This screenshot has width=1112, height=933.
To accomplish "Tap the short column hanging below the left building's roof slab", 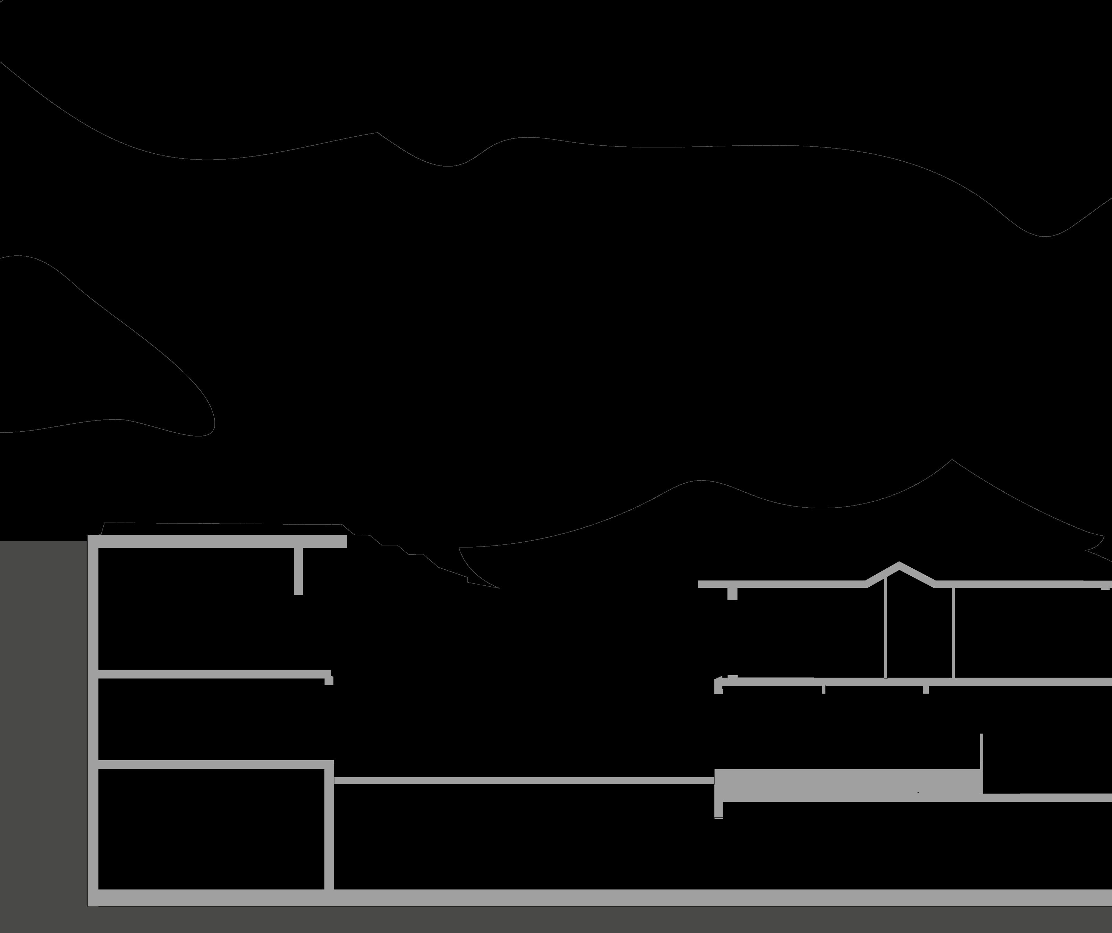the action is [298, 571].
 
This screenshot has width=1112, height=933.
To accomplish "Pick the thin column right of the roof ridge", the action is [953, 633].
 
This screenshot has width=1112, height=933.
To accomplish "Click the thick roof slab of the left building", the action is [217, 541].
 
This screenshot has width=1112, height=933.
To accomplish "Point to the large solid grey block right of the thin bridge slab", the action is [847, 785].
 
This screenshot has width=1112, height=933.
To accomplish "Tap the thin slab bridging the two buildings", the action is [524, 780].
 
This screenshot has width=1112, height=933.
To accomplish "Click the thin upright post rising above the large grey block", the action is [981, 752].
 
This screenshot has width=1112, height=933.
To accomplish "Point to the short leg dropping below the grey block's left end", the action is [719, 809].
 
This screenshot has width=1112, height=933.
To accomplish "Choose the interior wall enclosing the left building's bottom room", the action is [329, 831].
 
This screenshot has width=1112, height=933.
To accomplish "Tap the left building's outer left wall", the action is [93, 715].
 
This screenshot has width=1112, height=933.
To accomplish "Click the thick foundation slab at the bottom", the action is [583, 898].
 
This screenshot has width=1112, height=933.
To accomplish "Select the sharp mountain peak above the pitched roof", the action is [952, 460].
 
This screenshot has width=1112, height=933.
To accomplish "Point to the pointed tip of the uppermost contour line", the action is [377, 133].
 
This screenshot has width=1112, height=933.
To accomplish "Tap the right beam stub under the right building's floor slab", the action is [926, 689].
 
